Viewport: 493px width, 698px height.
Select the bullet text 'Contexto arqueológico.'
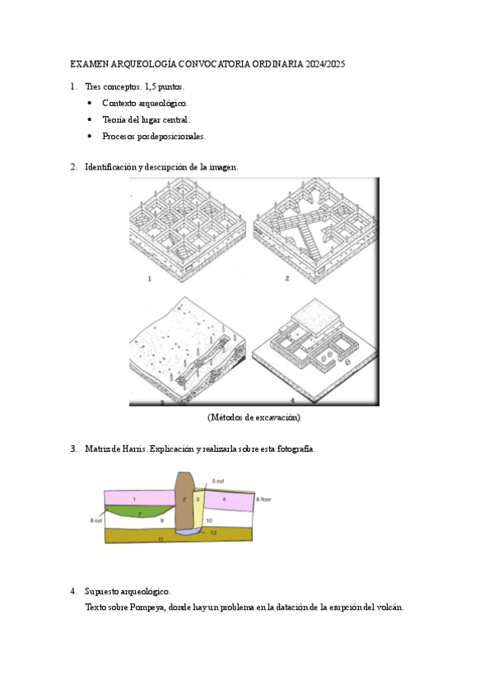coord(145,103)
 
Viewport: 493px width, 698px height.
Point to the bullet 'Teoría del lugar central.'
coord(146,119)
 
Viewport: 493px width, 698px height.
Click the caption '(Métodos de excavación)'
coord(253,417)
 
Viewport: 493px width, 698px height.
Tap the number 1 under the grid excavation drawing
coord(150,279)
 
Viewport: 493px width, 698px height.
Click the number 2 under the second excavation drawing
coord(287,278)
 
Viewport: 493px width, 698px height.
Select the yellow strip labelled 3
coord(198,510)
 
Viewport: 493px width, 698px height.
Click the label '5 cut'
coord(218,482)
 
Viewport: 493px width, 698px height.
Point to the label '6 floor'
coord(264,500)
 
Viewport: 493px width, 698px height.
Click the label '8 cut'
coord(96,520)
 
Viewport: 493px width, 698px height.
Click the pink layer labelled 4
coord(229,500)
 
